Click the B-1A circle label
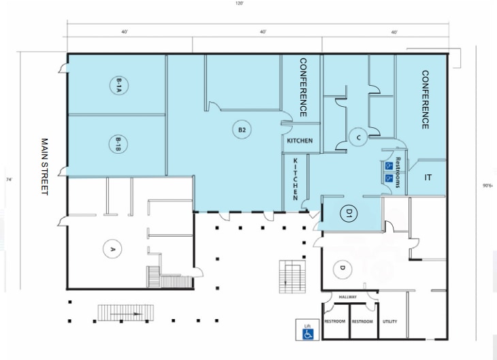click(x=118, y=85)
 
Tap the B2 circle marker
click(x=242, y=129)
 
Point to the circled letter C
click(x=357, y=137)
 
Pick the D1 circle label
click(x=348, y=213)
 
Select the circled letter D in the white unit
click(x=342, y=269)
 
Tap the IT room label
click(x=428, y=178)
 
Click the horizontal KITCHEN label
click(x=300, y=141)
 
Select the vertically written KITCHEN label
click(x=296, y=180)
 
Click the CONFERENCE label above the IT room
click(x=425, y=99)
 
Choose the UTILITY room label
click(x=390, y=321)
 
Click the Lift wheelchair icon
click(x=307, y=331)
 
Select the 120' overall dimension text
click(x=240, y=4)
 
